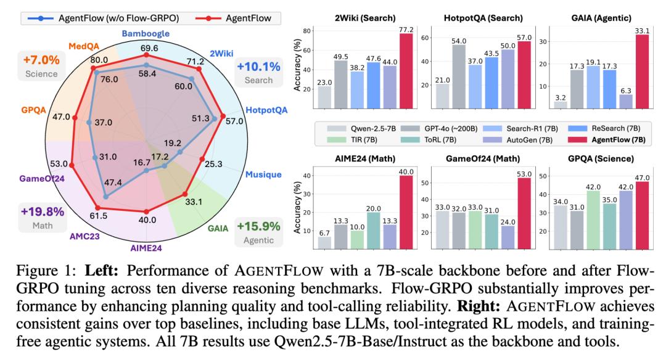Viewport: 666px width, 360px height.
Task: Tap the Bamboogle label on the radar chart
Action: (147, 33)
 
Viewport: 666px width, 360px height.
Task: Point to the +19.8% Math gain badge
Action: (43, 217)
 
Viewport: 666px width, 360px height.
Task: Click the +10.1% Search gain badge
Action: (258, 72)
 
